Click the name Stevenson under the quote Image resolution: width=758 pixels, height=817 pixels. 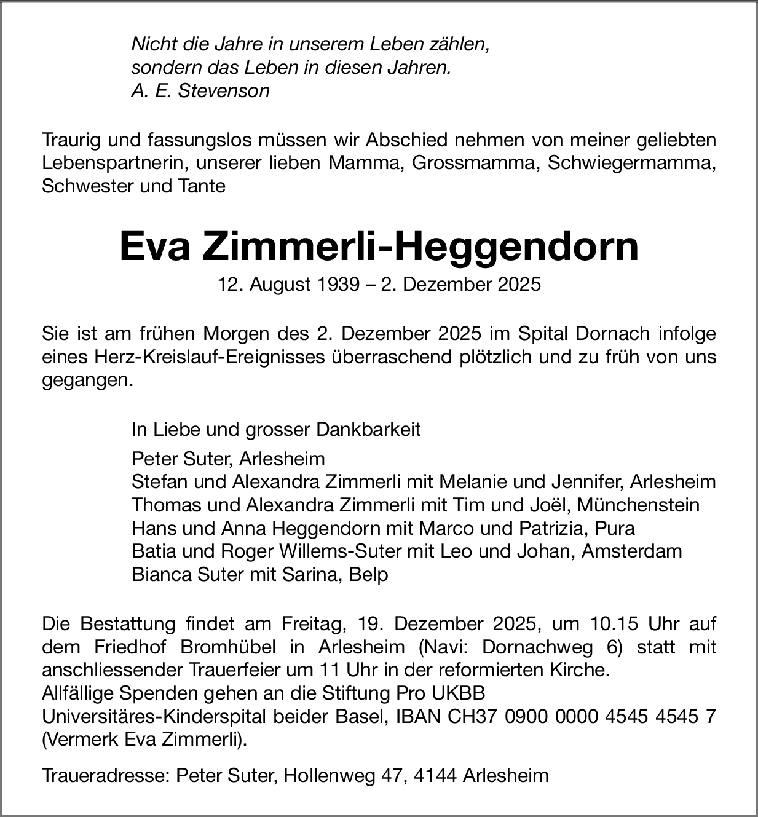(224, 91)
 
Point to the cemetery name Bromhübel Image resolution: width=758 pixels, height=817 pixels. (241, 647)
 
